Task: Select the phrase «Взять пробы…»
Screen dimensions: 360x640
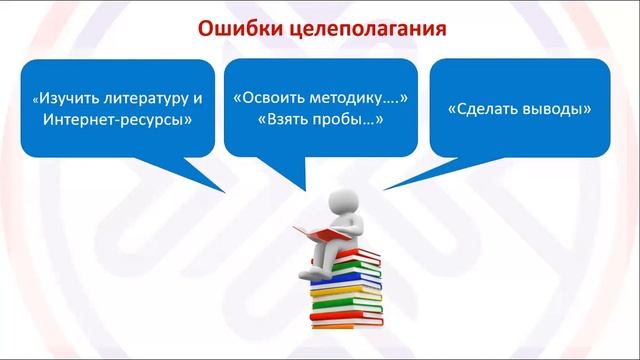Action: coord(320,120)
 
